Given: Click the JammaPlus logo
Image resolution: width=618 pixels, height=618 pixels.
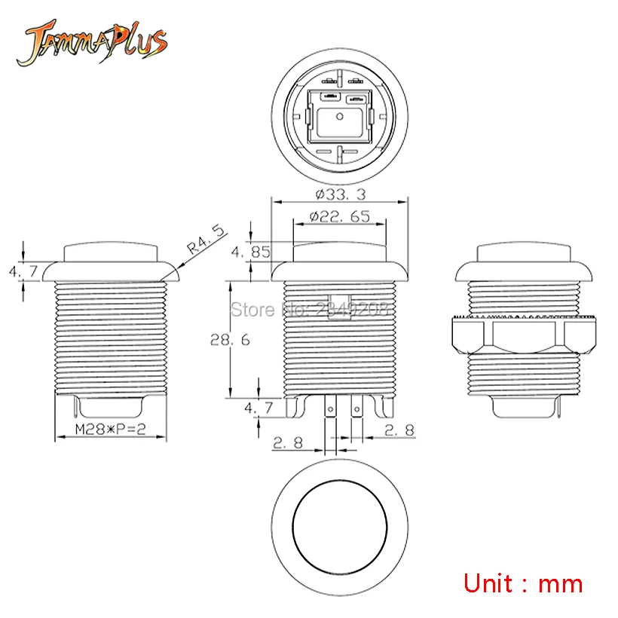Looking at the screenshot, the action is point(91,42).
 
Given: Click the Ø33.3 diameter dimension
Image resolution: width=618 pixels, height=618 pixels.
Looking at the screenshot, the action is point(341,194).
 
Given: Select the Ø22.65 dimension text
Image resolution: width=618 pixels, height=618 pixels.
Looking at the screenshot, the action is point(340,216).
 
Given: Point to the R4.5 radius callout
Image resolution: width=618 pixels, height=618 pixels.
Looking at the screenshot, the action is point(206,240).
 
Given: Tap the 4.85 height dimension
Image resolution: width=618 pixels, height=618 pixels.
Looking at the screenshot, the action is point(251,252).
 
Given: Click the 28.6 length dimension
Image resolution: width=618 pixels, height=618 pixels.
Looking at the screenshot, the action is point(230,340).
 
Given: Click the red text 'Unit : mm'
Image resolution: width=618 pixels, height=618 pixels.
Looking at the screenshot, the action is point(523,584).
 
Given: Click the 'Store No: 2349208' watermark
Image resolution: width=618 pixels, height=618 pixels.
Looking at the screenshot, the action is point(310,310).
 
